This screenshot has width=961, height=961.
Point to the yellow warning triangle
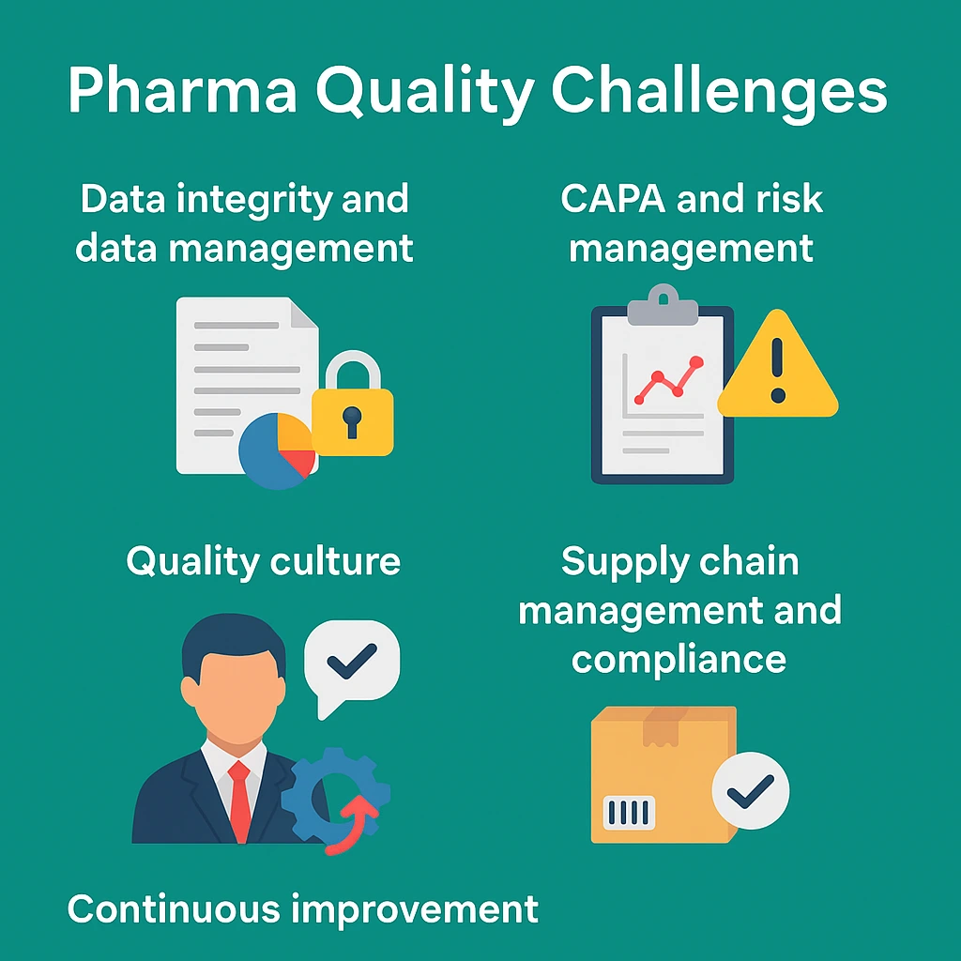tap(777, 368)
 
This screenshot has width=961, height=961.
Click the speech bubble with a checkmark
tap(352, 662)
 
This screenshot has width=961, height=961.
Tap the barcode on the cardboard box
tap(630, 813)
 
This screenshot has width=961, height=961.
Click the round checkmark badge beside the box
tap(750, 790)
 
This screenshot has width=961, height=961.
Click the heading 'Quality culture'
tap(264, 561)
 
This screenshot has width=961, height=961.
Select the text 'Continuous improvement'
tap(303, 908)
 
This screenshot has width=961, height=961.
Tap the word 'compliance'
tap(679, 659)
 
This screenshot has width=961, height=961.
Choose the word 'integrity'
tap(241, 199)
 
